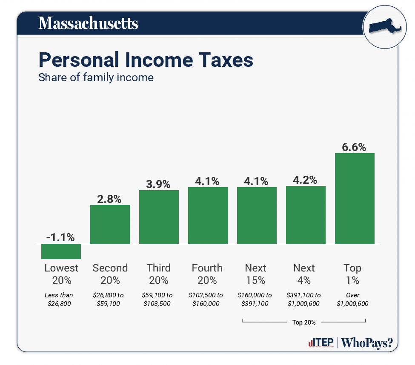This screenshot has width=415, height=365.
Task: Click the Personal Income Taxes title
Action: pos(146,60)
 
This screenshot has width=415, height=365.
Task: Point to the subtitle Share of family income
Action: pos(96,78)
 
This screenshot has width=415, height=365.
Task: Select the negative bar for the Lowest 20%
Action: pos(61,251)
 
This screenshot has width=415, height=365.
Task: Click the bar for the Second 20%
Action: pos(110,224)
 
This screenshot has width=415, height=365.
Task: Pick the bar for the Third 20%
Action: pos(159,217)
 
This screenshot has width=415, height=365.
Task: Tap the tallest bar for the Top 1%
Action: pos(355,198)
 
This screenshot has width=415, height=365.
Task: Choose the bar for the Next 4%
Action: pos(306,215)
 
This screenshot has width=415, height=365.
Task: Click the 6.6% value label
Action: pos(354,147)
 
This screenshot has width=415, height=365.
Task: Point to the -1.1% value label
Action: pos(61,237)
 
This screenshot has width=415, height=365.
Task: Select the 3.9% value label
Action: pos(158,184)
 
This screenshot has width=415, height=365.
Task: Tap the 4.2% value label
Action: pos(305,180)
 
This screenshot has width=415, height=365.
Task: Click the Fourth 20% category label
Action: pos(207,274)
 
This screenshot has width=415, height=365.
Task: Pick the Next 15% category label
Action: pos(255,274)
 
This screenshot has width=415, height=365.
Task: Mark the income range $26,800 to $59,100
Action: pos(110,299)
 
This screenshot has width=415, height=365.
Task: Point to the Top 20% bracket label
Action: pos(304,322)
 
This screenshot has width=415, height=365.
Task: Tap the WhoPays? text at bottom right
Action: pos(367,343)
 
